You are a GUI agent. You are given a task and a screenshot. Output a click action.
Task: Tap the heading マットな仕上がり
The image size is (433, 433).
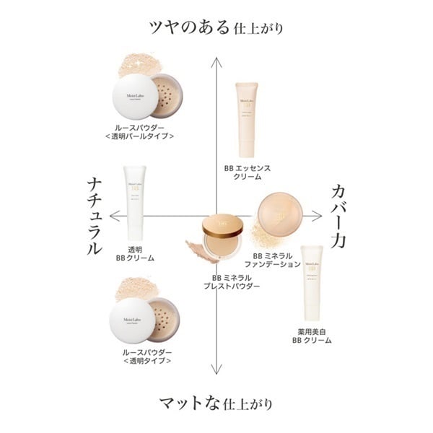pos(216,403)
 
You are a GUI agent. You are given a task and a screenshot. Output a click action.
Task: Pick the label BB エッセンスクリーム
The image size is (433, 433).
pos(247,172)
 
